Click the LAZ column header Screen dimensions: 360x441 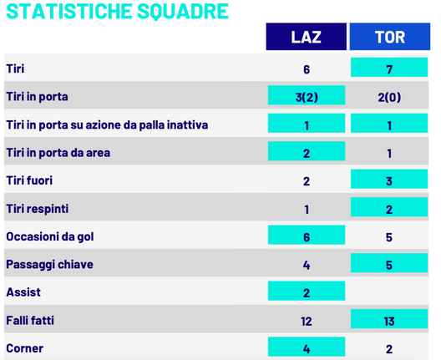[306, 38]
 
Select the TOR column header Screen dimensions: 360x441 [389, 38]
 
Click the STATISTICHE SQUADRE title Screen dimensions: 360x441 [116, 12]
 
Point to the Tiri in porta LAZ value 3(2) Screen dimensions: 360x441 [307, 97]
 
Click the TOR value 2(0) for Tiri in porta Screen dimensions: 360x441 [389, 97]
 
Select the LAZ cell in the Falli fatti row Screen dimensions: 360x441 [307, 321]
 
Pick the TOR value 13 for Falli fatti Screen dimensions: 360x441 [389, 321]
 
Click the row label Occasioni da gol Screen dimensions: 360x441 [49, 236]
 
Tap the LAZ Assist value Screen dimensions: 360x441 [307, 292]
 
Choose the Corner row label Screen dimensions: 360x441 [24, 348]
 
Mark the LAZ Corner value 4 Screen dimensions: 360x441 [307, 348]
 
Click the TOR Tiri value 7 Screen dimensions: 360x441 [389, 69]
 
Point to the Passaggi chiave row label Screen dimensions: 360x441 [49, 265]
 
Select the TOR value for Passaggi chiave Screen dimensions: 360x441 [389, 265]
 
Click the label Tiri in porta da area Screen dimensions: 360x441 [58, 153]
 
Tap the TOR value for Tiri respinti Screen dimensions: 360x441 [389, 209]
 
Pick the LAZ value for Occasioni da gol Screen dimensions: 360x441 [307, 236]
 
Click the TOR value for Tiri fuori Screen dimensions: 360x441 [389, 180]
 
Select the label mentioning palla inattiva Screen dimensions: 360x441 [107, 125]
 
